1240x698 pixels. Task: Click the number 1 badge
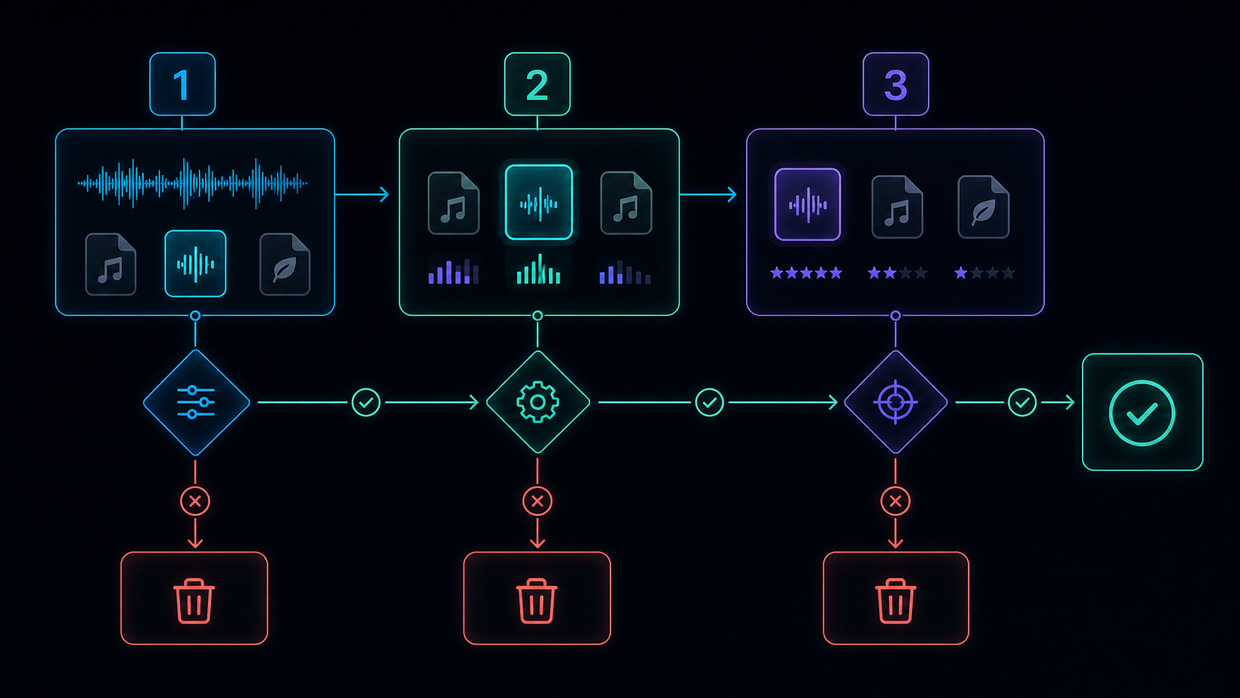[x=182, y=84]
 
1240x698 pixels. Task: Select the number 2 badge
[x=537, y=84]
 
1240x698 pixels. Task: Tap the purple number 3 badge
[x=896, y=84]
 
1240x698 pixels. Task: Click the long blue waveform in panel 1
[x=192, y=184]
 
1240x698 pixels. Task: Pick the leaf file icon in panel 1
[x=285, y=264]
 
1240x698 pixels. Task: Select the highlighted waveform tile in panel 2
[x=538, y=202]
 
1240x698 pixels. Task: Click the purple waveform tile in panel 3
[x=808, y=204]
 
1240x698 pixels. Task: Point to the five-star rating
[x=806, y=273]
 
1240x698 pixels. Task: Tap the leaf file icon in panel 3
[x=983, y=207]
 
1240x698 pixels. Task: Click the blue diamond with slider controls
[x=196, y=403]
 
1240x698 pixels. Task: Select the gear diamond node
[x=538, y=403]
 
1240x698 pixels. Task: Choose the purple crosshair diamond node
[x=896, y=403]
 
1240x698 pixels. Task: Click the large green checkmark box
[x=1143, y=412]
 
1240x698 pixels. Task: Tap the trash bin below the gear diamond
[x=536, y=599]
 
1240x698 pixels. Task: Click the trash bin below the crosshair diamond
[x=896, y=599]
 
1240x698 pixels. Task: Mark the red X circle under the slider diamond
[x=195, y=501]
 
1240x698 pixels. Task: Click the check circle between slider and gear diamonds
[x=366, y=403]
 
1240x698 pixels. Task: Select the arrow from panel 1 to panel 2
[x=362, y=194]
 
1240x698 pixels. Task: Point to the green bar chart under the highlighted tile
[x=538, y=269]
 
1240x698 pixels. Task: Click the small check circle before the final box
[x=1022, y=403]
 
